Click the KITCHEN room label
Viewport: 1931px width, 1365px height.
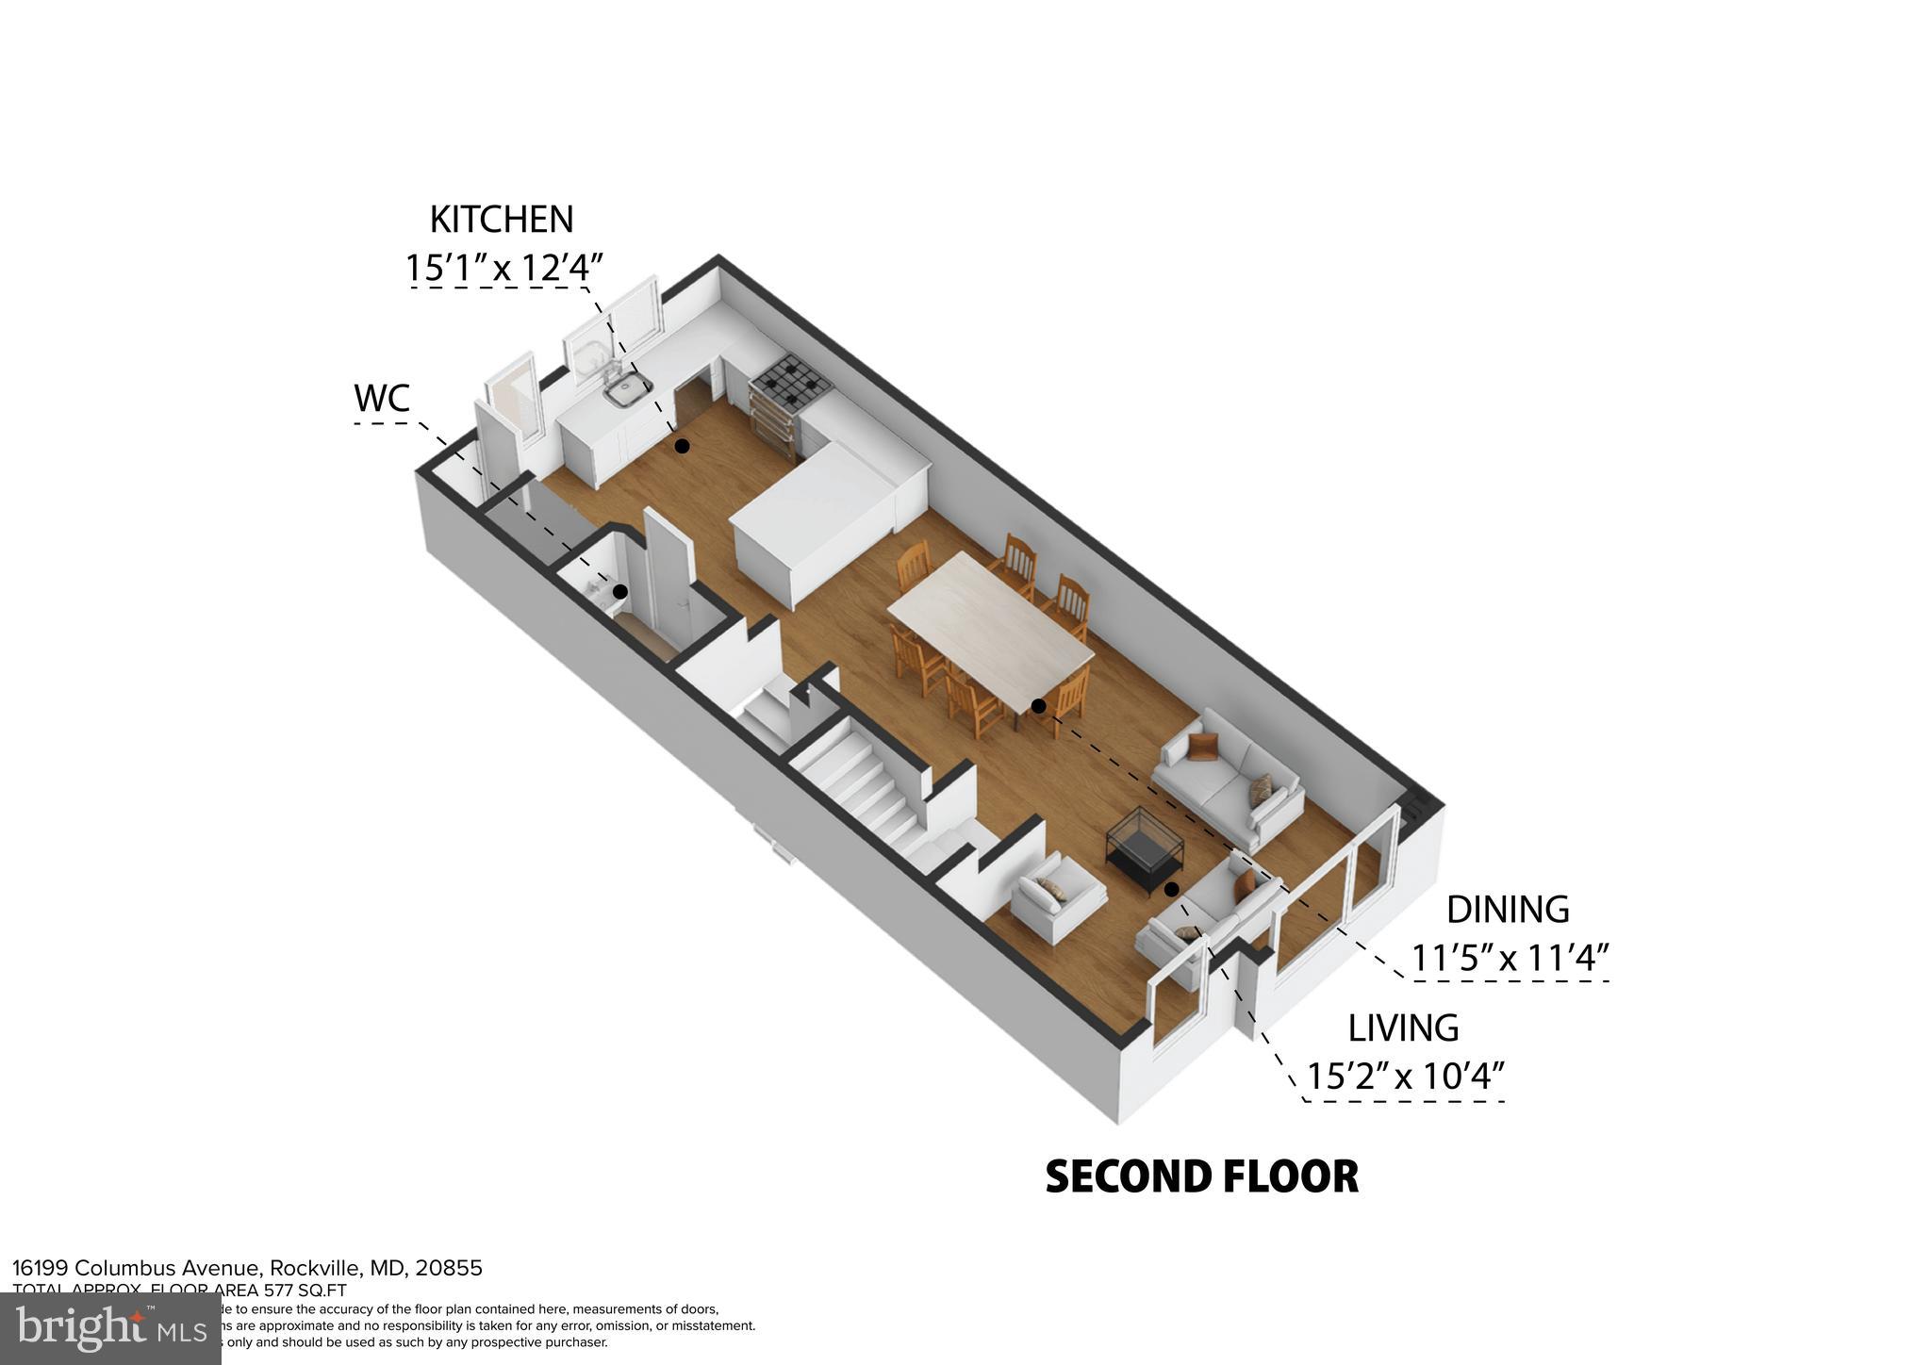(x=501, y=220)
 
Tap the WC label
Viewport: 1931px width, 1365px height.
(x=382, y=399)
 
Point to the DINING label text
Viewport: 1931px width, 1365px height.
(x=1508, y=910)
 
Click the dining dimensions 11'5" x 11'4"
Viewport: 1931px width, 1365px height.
(x=1509, y=958)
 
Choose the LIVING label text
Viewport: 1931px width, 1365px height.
(x=1403, y=1028)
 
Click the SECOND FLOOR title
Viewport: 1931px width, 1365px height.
(x=1202, y=1176)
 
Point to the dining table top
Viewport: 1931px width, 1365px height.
(x=990, y=626)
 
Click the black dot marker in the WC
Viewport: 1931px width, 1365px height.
(x=620, y=592)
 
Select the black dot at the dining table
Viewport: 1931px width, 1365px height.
(x=1038, y=705)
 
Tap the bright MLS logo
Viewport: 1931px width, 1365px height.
(x=111, y=1328)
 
